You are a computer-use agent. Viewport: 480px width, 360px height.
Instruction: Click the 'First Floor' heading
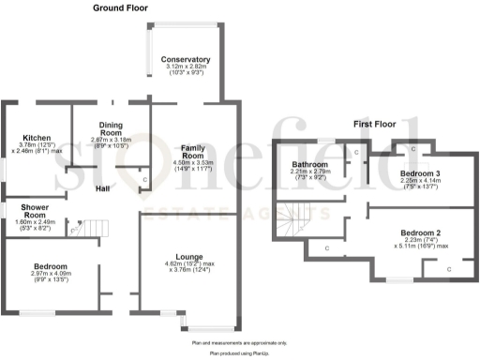(374, 124)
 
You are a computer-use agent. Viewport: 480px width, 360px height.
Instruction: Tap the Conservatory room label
(187, 60)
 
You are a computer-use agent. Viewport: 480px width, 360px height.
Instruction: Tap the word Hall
(106, 187)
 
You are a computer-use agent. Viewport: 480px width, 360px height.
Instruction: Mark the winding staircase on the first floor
(302, 223)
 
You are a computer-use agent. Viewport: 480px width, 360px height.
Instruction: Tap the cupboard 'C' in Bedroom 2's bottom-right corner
(449, 269)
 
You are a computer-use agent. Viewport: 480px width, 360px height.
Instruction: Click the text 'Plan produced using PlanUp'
(240, 353)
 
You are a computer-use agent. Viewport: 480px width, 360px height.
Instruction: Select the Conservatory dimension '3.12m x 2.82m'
(187, 67)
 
